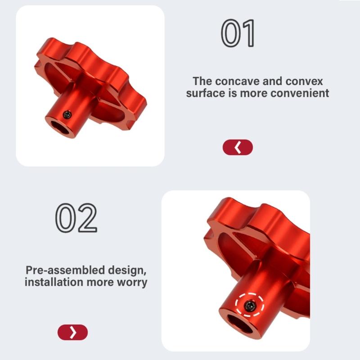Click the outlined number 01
coord(238,33)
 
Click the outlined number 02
coord(76,218)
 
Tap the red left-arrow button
coord(238,147)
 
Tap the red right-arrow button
coord(72,332)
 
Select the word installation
coord(54,282)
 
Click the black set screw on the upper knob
coord(67,114)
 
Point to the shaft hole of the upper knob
coord(60,127)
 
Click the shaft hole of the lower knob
coord(240,324)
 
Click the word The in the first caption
coord(202,81)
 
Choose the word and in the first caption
coord(273,81)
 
